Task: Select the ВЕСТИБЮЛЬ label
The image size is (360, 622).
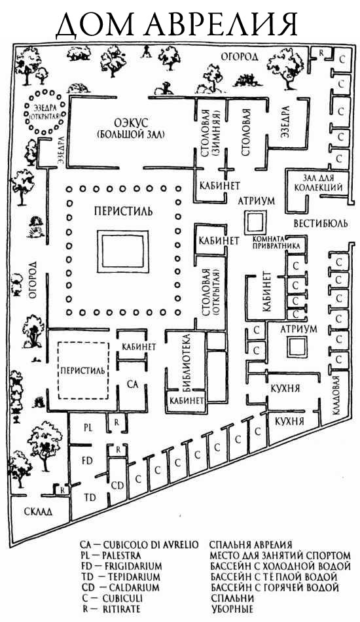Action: (x=320, y=223)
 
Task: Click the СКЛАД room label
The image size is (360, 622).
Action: (x=35, y=511)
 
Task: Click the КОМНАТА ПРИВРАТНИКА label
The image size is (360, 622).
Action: (x=277, y=243)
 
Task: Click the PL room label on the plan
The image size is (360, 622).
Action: (x=88, y=428)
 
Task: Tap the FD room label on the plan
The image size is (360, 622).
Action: (x=87, y=460)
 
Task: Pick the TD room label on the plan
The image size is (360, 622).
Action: (x=90, y=497)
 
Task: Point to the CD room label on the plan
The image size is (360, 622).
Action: (x=117, y=485)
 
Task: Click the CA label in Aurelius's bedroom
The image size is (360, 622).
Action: (x=133, y=384)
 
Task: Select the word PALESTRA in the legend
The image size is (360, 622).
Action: (x=121, y=555)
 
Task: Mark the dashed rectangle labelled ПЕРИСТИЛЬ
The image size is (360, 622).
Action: (x=58, y=370)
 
